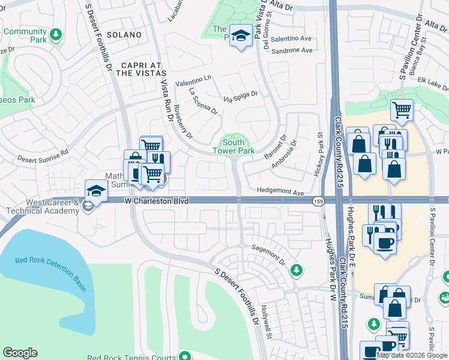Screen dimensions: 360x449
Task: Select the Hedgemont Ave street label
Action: coord(280,193)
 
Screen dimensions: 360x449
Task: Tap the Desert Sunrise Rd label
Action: coord(43,158)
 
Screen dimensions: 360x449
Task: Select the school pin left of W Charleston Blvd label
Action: coord(95,191)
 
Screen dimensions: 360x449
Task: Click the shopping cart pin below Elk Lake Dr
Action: coord(402,110)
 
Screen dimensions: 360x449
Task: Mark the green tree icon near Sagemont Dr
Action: coord(295,271)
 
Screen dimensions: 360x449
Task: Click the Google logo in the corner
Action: coord(20,352)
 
